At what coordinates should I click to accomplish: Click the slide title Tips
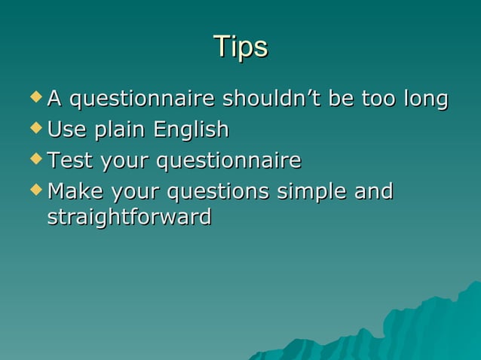pos(240,47)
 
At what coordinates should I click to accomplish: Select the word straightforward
pos(129,218)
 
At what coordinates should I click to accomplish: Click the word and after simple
pos(373,192)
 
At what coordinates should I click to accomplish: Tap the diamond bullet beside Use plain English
pos(36,129)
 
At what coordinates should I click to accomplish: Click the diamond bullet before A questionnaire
pos(36,98)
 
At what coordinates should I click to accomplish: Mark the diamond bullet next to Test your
pos(36,160)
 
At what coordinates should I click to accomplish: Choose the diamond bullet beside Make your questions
pos(36,191)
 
